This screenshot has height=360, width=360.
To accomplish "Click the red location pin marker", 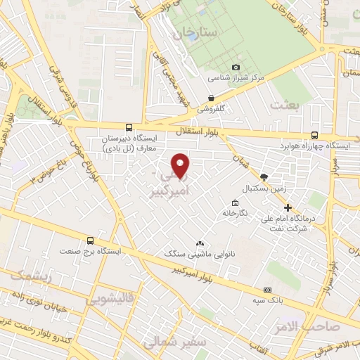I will [x=181, y=166].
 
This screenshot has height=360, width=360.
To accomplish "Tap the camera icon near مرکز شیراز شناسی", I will [x=217, y=66].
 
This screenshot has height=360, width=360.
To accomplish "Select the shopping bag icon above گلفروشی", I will [x=211, y=98].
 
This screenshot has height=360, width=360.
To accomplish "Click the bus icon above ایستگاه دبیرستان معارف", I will [x=127, y=127].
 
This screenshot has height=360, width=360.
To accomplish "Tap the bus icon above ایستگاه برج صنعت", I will [x=89, y=240].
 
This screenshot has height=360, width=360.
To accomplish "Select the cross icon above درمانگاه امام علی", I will [x=288, y=207].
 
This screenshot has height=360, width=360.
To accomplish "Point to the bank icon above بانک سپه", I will [x=267, y=289].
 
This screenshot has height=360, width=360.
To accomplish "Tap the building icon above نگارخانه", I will [x=226, y=200].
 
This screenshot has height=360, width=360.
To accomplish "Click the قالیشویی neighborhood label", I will [x=108, y=299].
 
